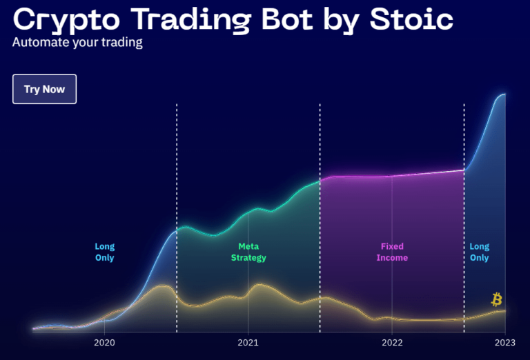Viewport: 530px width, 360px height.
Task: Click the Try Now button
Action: [x=44, y=89]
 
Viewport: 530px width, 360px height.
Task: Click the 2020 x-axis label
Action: [x=104, y=343]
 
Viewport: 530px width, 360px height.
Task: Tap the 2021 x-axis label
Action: [x=248, y=343]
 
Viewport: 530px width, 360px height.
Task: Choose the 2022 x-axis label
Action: [x=391, y=343]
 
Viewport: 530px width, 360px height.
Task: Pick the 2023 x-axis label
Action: [x=505, y=343]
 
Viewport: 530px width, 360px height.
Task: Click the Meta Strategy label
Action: [x=248, y=252]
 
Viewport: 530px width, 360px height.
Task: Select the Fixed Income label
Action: [x=392, y=252]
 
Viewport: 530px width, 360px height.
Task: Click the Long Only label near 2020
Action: [x=105, y=252]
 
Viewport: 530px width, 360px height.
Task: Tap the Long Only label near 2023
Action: [x=479, y=252]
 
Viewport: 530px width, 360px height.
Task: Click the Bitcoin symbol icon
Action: [x=496, y=299]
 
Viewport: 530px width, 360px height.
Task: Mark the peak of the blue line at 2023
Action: [x=504, y=94]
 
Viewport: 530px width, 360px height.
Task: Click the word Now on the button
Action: [x=55, y=89]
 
